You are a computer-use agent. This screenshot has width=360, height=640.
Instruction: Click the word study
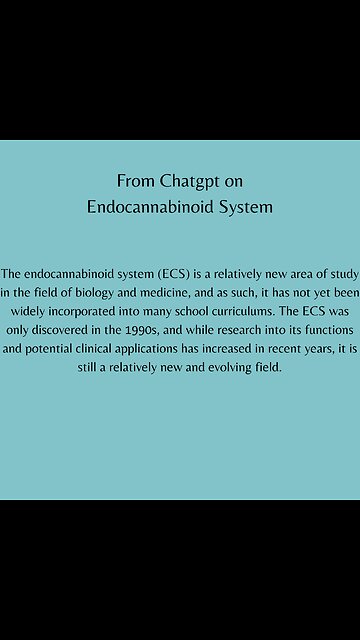(x=340, y=273)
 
